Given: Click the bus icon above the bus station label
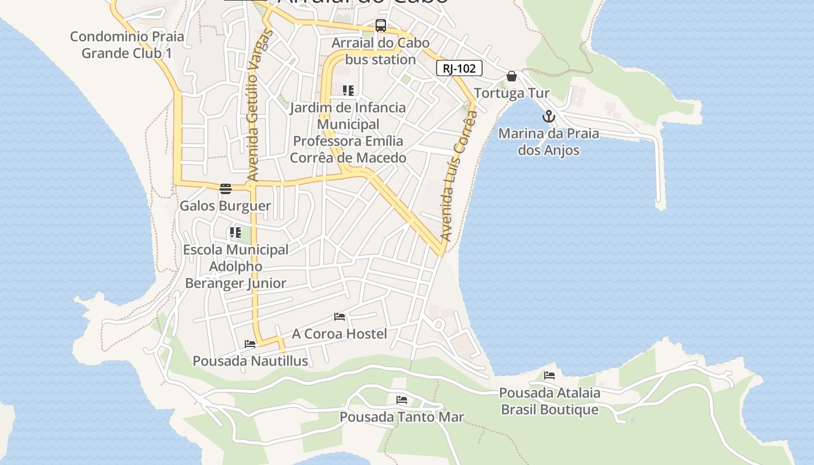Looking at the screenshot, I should click(381, 26).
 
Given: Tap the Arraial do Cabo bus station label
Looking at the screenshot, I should click(380, 51).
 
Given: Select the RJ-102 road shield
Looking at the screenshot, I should click(459, 69).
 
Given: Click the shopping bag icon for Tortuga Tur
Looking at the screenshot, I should click(512, 76).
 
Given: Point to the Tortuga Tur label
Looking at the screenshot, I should click(512, 93).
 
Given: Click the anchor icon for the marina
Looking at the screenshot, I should click(548, 117).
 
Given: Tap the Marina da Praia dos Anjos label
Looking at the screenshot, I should click(549, 142).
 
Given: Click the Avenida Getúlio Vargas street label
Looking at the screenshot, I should click(252, 105).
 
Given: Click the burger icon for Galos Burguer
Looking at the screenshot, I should click(226, 189).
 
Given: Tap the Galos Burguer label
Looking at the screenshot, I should click(225, 206).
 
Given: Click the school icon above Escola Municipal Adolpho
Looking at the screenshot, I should click(235, 233).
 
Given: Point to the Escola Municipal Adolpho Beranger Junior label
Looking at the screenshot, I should click(235, 266).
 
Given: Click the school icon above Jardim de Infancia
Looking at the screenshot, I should click(348, 91).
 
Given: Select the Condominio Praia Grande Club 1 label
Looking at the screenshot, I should click(127, 45).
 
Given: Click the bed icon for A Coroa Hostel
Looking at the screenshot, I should click(340, 317).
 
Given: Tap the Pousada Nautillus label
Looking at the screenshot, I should click(250, 361).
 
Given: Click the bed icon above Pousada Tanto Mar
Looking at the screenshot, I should click(402, 400).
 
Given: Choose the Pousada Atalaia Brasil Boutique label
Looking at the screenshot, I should click(549, 401).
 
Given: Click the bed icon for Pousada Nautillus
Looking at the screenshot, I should click(250, 344).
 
